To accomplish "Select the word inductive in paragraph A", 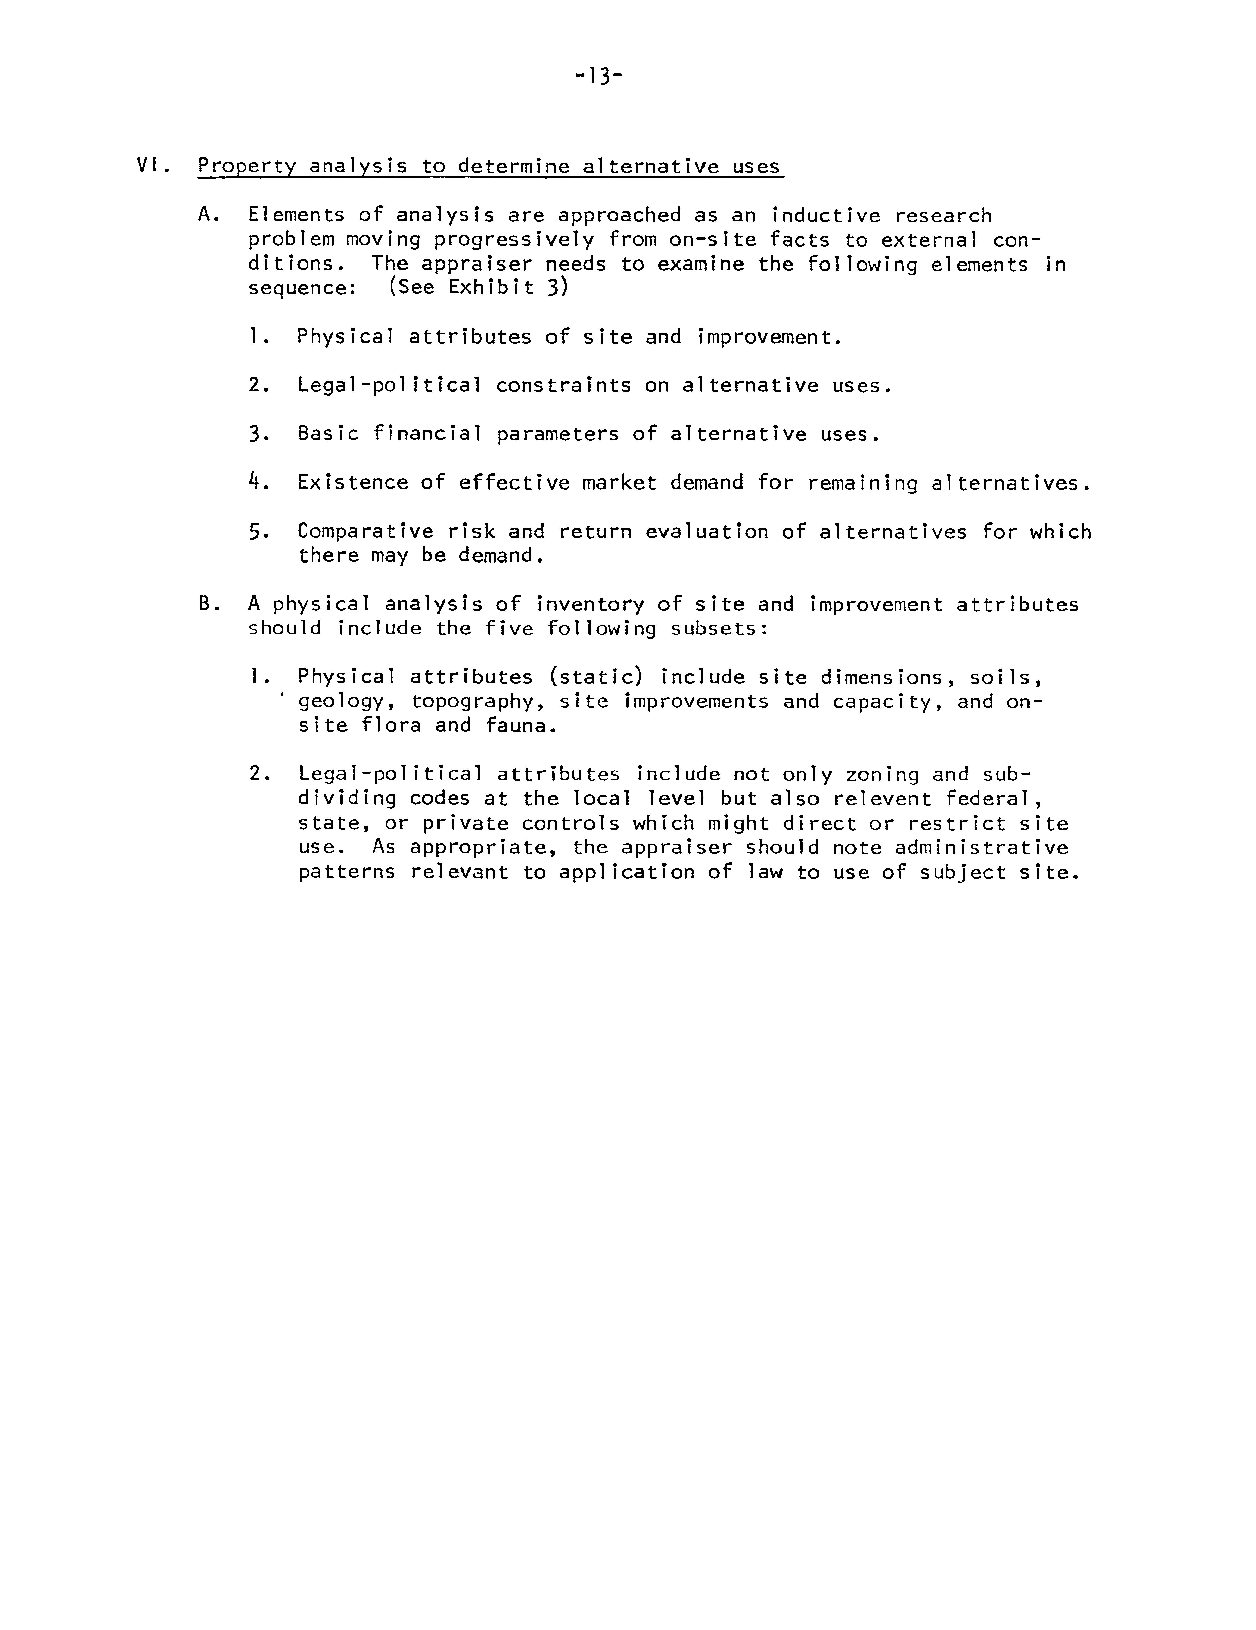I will pyautogui.click(x=825, y=216).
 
